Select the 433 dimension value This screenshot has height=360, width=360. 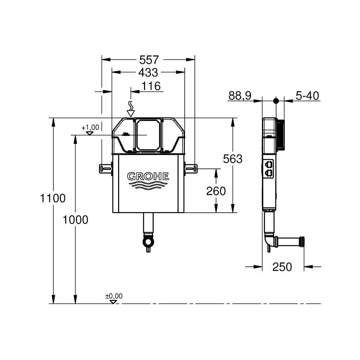point(148,72)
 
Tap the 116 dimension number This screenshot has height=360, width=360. point(150,86)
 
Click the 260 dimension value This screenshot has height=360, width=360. point(216,191)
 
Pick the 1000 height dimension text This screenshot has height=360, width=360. point(75,219)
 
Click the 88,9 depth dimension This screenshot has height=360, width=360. point(240,96)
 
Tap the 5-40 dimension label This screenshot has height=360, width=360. point(307,96)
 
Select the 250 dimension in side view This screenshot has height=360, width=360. point(282,267)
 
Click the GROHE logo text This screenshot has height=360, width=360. point(148,176)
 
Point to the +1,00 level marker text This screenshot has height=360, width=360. point(90,127)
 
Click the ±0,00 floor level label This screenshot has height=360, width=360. point(114,296)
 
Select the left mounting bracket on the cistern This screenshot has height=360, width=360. point(105,168)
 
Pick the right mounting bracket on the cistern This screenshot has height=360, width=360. point(191,168)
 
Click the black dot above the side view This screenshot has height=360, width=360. point(276,101)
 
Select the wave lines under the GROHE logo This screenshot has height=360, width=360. point(148,185)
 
